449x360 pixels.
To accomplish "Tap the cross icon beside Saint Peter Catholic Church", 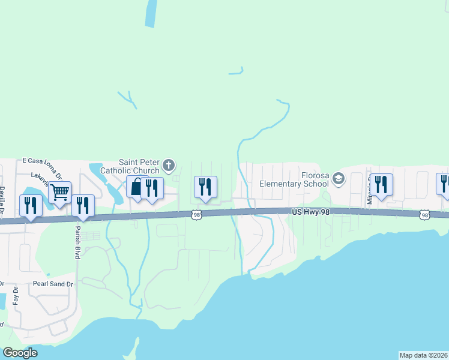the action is click(x=169, y=165).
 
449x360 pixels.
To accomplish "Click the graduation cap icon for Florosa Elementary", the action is click(x=339, y=178).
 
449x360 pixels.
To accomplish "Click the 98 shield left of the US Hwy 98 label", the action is click(x=196, y=214).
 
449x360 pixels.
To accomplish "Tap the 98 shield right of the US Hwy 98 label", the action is click(x=425, y=215).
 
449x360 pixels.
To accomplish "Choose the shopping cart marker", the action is click(x=60, y=193).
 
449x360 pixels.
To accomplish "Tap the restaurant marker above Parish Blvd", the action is click(x=83, y=206).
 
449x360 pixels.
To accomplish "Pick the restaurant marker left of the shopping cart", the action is click(x=30, y=206).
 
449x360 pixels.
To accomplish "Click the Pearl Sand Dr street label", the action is click(x=53, y=283).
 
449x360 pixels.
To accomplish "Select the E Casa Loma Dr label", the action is click(x=42, y=161).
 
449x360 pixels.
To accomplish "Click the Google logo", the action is click(x=20, y=353).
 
